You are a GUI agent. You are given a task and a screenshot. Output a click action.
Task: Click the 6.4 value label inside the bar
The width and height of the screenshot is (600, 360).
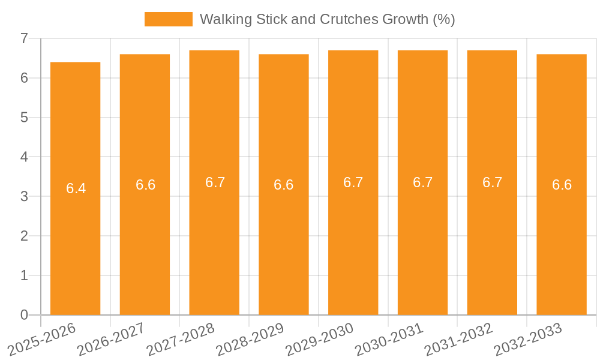[76, 188]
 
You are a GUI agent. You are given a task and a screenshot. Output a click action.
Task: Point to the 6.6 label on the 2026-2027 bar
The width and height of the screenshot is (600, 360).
[145, 185]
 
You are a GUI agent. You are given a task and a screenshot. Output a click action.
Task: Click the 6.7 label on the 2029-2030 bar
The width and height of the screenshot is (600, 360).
[353, 182]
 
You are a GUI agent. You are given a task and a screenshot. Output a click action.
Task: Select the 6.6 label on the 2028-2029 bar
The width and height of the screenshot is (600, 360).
[283, 185]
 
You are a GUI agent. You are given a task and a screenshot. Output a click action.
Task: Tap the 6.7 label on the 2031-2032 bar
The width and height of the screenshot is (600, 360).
[492, 182]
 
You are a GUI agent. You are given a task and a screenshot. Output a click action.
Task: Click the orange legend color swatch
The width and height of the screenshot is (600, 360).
[168, 19]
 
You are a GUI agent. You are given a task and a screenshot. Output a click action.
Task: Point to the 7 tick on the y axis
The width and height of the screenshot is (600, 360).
[24, 38]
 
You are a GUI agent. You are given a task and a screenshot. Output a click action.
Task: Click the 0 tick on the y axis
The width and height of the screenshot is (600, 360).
[24, 315]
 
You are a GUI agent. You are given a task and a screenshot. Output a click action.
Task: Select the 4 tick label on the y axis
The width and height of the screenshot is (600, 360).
[24, 157]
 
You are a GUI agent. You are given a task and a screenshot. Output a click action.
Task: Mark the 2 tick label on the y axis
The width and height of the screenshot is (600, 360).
[24, 236]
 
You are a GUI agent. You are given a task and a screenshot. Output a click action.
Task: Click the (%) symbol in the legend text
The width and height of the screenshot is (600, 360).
[443, 19]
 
